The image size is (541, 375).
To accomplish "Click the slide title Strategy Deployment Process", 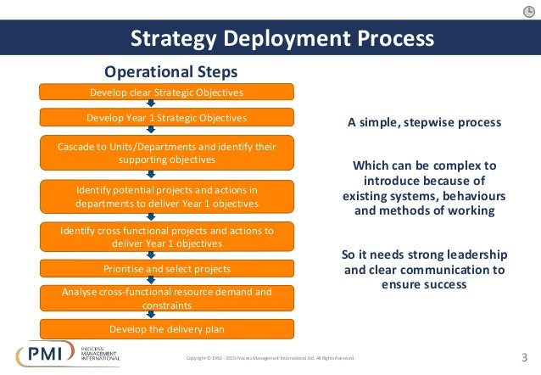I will click(x=282, y=39).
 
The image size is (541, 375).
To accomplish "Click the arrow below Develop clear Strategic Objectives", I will click(x=151, y=104).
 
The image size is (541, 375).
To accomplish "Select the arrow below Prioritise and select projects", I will click(x=151, y=281).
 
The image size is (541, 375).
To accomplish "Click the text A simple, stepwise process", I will click(x=424, y=122).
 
